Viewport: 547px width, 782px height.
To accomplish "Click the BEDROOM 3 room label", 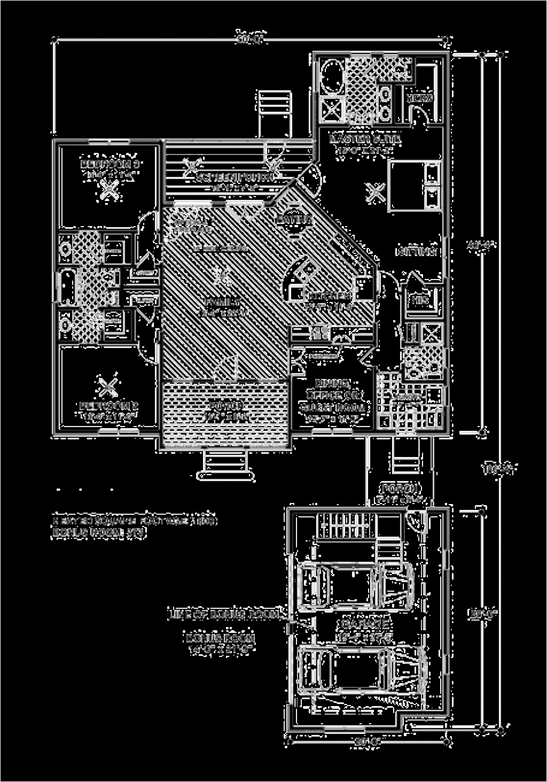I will [x=110, y=163].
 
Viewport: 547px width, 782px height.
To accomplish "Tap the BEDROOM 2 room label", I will [x=109, y=406].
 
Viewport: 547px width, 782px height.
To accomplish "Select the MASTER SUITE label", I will [x=365, y=139].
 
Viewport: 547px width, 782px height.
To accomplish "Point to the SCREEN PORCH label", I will [x=235, y=177].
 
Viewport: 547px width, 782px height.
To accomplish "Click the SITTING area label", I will [x=417, y=251].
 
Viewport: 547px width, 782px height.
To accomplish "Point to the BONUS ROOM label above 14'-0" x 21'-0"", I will [x=220, y=638].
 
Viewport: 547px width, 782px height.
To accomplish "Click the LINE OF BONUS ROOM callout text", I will [x=224, y=615].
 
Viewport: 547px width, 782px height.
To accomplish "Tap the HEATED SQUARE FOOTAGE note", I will [x=134, y=520].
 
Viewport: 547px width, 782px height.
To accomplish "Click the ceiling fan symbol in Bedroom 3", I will [x=110, y=189].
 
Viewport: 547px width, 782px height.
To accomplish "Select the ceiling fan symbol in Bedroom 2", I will [x=108, y=384].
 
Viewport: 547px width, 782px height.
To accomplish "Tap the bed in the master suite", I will [x=414, y=186].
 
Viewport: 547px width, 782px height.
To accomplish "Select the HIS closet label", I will [x=420, y=300].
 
